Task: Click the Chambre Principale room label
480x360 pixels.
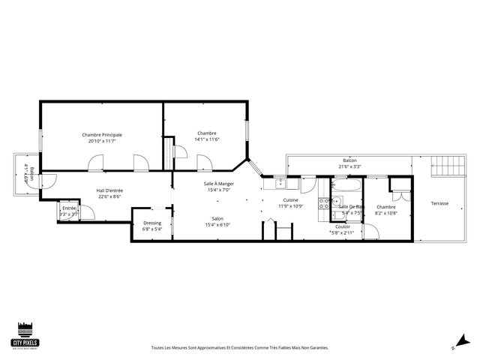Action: coord(102,135)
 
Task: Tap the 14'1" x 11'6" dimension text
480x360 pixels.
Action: coord(207,139)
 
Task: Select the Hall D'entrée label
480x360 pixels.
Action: coord(109,190)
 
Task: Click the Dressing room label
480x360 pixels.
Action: coord(152,223)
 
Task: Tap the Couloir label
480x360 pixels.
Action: coord(343,227)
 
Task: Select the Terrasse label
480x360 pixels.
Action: coord(439,203)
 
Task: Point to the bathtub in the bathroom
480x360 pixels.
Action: coord(349,184)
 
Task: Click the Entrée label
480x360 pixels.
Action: coord(68,208)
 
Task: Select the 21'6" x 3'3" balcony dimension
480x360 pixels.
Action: coord(349,166)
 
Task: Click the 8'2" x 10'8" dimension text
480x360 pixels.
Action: coord(386,212)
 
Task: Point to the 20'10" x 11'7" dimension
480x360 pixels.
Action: coord(102,140)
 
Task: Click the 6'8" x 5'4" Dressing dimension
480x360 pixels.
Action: coord(152,229)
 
